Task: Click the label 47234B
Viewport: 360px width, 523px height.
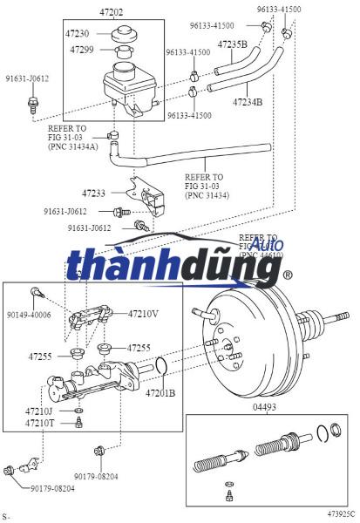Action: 248,102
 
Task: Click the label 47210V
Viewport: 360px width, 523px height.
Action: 144,313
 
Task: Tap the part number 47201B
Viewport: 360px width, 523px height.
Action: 160,393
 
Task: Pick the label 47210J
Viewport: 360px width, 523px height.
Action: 39,411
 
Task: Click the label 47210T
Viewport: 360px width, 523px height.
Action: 39,423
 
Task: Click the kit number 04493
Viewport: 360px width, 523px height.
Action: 265,407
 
